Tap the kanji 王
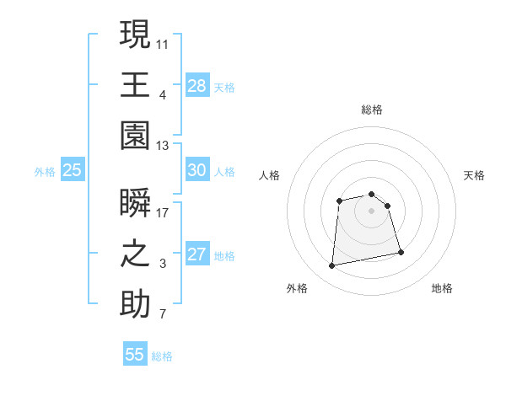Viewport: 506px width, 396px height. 135,85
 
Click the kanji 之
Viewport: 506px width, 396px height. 135,254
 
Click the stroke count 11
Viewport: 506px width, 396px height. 164,43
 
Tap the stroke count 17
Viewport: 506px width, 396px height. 164,212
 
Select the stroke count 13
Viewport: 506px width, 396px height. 164,146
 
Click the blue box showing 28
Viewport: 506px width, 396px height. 197,85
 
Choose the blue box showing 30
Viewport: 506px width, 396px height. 197,170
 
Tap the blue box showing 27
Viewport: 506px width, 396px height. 197,254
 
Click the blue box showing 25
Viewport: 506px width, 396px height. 73,170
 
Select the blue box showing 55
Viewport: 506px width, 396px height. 135,355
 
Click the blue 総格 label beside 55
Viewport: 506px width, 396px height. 162,356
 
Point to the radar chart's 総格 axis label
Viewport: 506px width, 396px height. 372,110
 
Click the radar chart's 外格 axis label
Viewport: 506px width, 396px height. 297,288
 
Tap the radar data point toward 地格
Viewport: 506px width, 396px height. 401,253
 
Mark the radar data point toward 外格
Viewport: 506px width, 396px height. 332,266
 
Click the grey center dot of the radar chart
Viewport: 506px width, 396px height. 372,211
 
